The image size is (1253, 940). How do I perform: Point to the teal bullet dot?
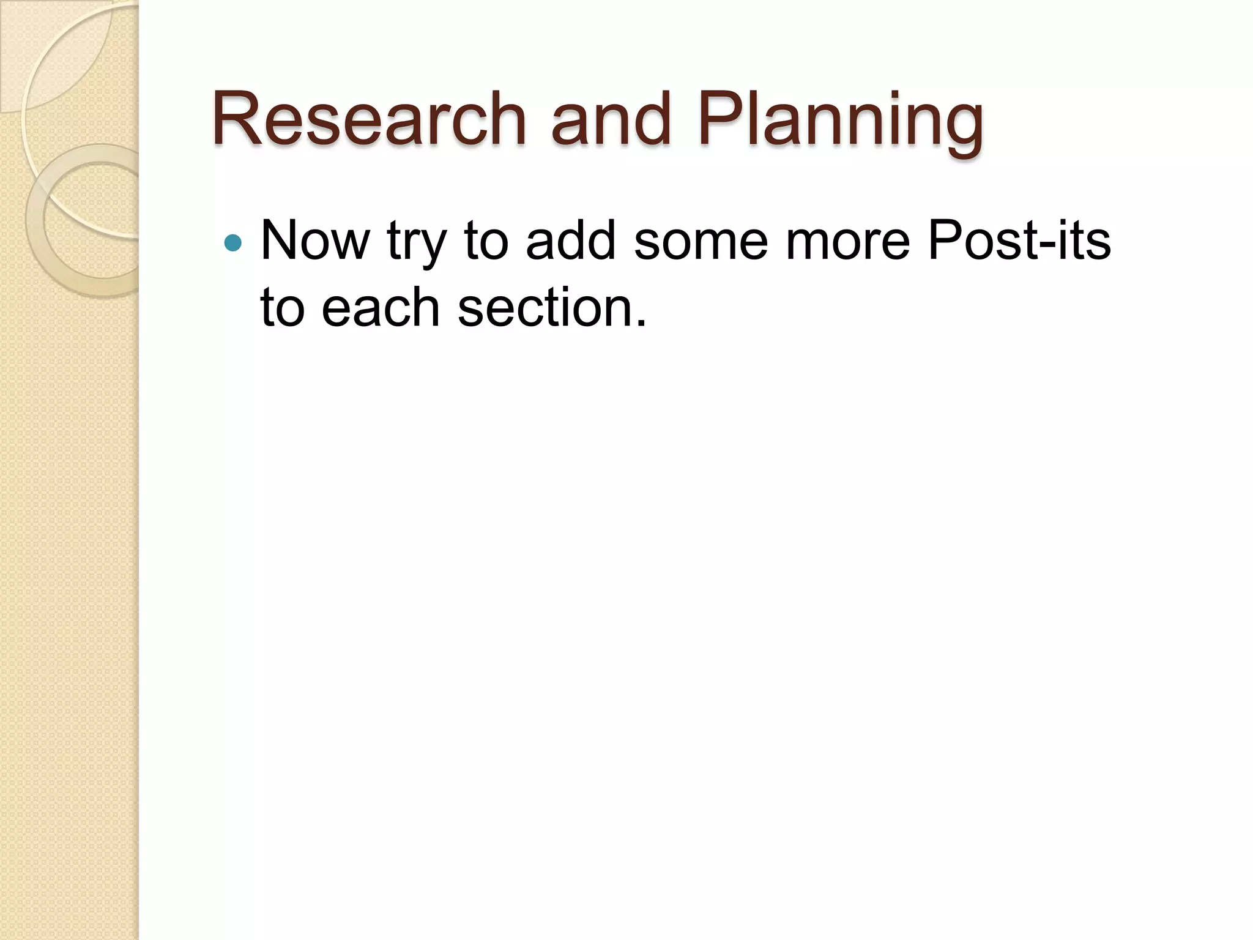point(232,243)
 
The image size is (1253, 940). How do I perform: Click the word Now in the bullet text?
point(315,241)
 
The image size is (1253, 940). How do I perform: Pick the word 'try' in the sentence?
point(416,245)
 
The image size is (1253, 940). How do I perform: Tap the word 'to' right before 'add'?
point(486,241)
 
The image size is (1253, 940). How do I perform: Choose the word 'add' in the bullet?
point(570,241)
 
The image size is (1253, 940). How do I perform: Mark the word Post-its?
point(1019,241)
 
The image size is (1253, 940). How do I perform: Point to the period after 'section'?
point(640,323)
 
